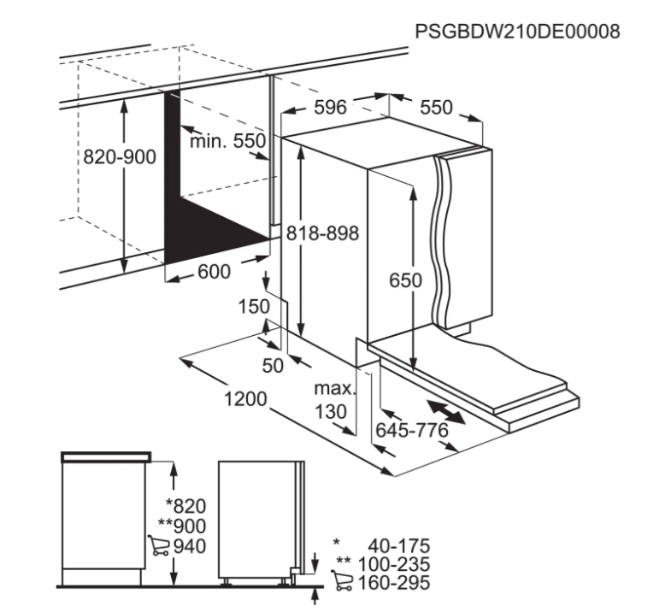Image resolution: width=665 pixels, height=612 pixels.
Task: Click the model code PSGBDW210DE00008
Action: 517,32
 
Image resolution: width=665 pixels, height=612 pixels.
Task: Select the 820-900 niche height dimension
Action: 120,157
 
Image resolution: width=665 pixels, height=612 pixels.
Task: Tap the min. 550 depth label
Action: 227,141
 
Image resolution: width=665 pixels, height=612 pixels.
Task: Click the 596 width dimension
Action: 331,107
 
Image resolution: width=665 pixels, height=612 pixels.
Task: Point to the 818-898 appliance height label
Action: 323,232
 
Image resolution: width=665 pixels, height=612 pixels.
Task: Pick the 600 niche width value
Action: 215,272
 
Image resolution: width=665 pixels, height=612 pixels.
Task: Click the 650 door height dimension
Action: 405,280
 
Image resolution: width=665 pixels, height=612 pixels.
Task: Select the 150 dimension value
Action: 254,306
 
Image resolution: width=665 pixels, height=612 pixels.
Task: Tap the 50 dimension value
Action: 273,365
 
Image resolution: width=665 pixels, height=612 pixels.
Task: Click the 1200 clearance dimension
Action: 245,398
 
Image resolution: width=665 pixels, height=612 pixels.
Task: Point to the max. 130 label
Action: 334,400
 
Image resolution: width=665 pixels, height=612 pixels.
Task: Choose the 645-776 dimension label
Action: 412,431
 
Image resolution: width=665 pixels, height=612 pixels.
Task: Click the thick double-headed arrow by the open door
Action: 446,411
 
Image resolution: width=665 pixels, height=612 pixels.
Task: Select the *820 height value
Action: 185,506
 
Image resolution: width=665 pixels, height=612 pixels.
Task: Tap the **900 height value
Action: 182,526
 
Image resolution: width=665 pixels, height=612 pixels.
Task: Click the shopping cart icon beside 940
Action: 159,545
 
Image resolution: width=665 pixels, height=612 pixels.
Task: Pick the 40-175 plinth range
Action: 399,545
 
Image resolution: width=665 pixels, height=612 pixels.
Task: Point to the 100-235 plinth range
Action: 394,564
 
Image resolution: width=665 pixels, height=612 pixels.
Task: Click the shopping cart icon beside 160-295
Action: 342,580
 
